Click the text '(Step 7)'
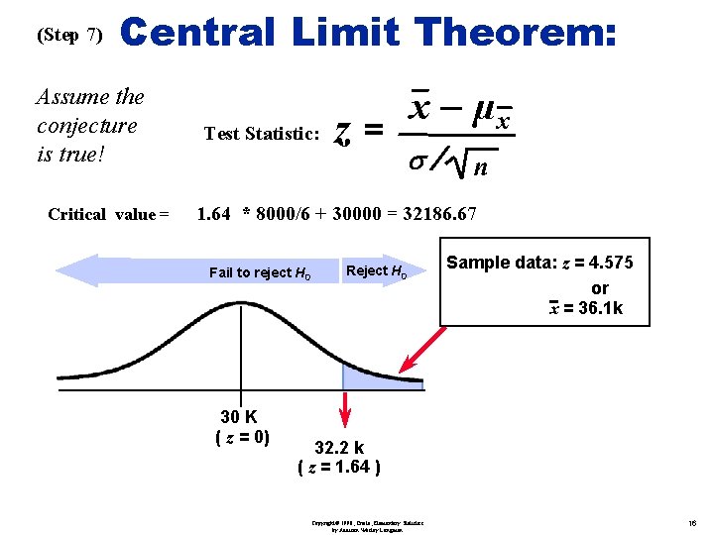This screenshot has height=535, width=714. tap(68, 35)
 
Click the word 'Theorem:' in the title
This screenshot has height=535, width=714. tap(518, 33)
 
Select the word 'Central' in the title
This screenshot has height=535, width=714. tap(197, 33)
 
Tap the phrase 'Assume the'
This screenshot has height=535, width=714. tap(89, 97)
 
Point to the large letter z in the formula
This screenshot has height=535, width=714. tap(342, 131)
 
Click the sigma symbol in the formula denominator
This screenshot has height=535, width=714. tap(416, 160)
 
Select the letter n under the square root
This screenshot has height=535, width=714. tap(480, 168)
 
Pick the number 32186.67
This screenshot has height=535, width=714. tap(438, 213)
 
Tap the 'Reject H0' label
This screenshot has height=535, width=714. tap(376, 271)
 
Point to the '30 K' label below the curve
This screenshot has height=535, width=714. tap(238, 417)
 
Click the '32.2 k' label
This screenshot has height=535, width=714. tap(339, 448)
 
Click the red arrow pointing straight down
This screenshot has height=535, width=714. tap(346, 408)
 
